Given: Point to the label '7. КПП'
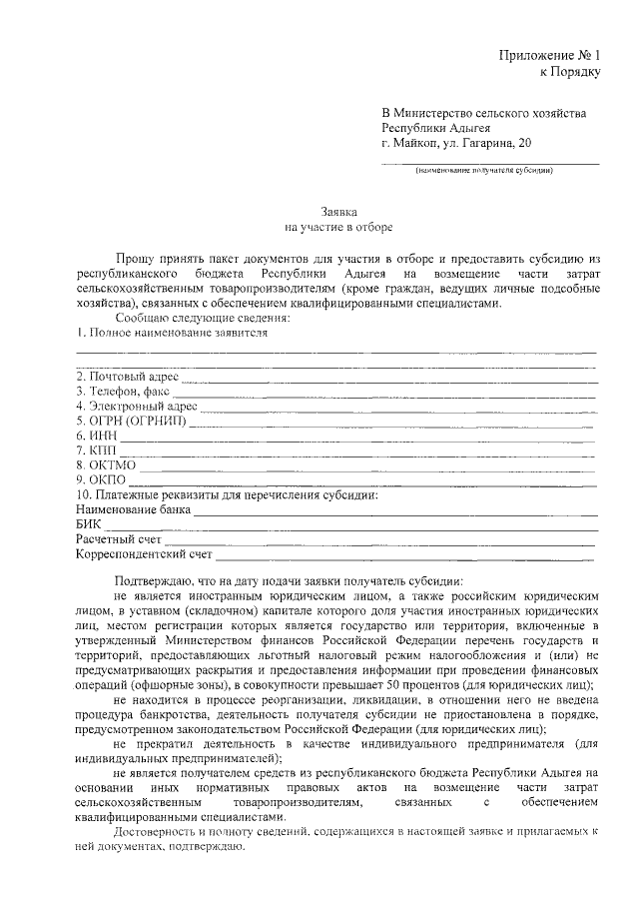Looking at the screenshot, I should [x=97, y=451].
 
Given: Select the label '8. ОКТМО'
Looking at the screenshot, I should [x=106, y=465].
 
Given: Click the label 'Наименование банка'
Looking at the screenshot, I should [x=133, y=509].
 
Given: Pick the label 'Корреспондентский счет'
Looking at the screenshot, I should [x=145, y=553].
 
